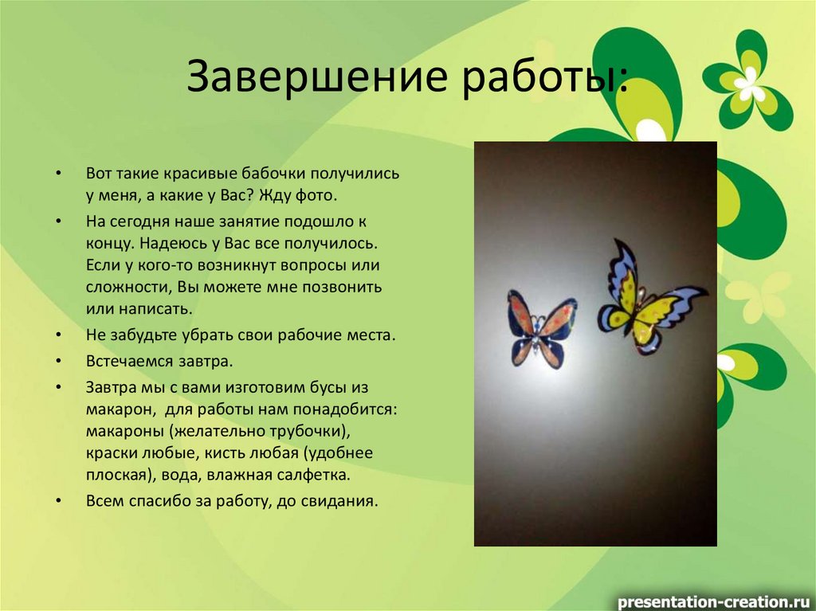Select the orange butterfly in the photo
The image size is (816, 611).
[542, 327]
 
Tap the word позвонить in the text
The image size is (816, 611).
[344, 285]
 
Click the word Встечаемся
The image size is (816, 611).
[127, 361]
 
